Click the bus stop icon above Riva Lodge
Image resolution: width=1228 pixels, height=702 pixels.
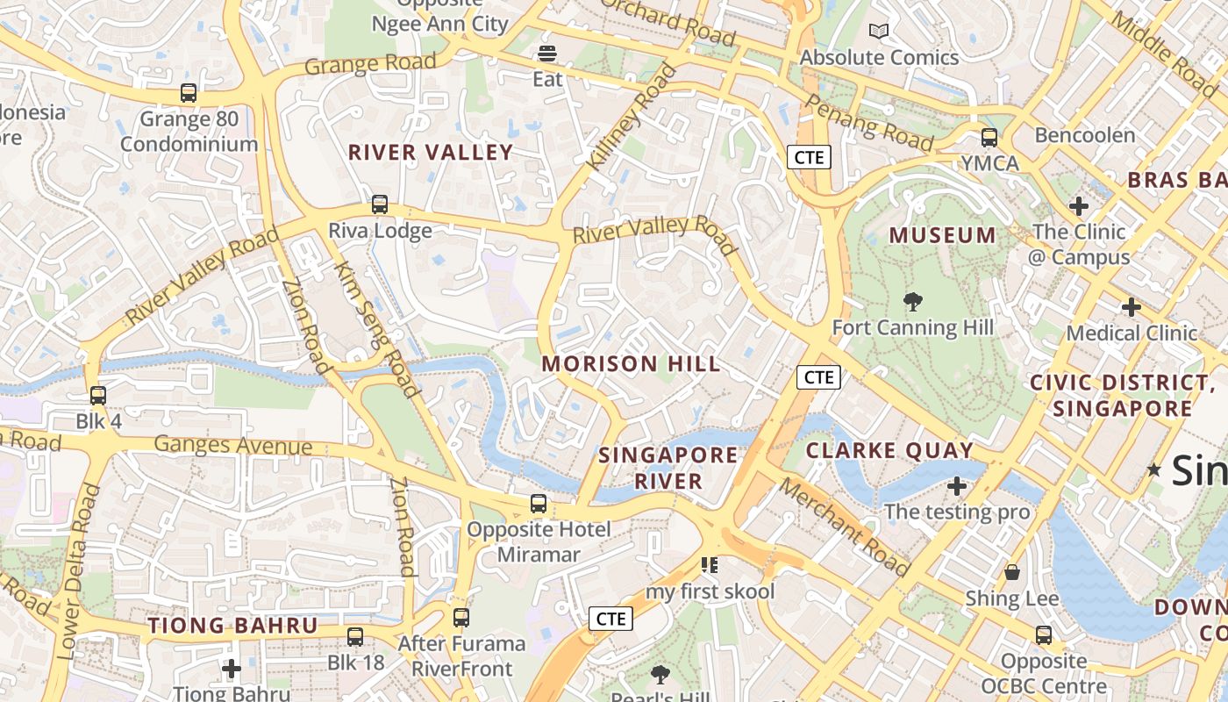[x=380, y=204]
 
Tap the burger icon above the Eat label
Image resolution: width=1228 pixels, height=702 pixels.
[x=548, y=54]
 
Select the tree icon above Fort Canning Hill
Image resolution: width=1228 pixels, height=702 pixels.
[x=913, y=303]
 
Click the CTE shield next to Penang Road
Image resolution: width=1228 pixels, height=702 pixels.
[x=809, y=157]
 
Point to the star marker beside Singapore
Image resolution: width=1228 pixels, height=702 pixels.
[x=1154, y=470]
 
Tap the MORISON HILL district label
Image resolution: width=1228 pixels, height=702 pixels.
[x=631, y=363]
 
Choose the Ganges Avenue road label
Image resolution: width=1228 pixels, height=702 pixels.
[x=233, y=445]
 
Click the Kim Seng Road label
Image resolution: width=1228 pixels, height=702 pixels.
[x=376, y=328]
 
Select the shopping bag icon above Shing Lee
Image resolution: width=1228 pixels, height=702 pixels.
[x=1012, y=573]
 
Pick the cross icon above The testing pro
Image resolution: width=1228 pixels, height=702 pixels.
[x=957, y=485]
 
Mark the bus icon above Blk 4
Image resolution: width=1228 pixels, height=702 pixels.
[x=98, y=396]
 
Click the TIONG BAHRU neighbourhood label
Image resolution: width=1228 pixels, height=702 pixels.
[x=232, y=626]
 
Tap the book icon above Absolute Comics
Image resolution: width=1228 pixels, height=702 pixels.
[x=879, y=32]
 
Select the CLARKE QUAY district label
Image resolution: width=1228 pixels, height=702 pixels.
[x=889, y=451]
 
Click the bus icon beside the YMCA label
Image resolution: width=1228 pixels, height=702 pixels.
[x=989, y=138]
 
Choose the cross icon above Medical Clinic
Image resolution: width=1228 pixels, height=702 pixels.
[x=1132, y=307]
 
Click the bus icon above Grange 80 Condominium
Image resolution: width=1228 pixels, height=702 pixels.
[x=188, y=93]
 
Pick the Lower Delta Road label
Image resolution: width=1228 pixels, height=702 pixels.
[x=79, y=571]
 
